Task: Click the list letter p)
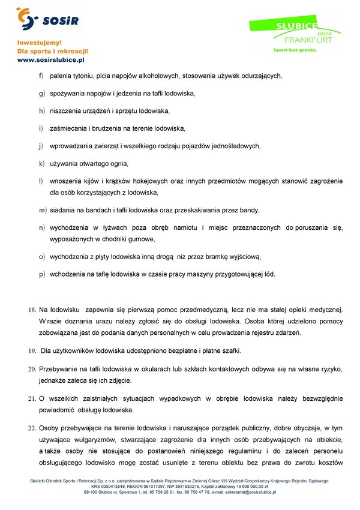[x=42, y=275]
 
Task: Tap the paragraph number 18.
[x=32, y=310]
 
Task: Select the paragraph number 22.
[x=32, y=429]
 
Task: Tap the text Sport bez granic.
[x=295, y=50]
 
